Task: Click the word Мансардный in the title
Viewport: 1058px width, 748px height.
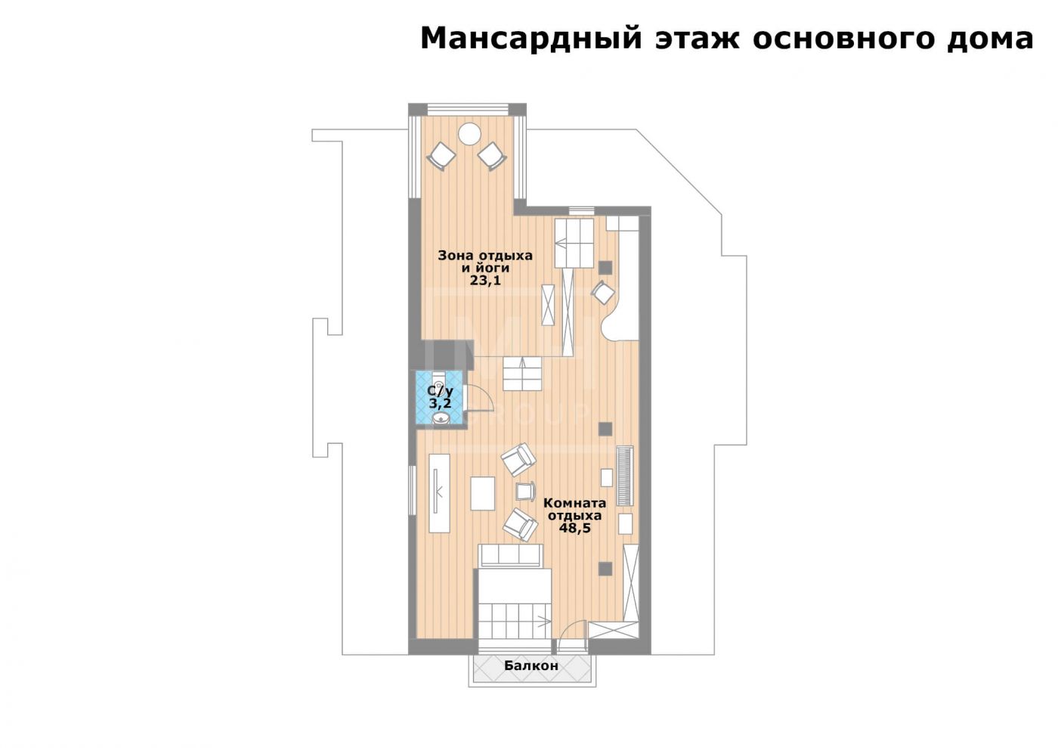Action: coord(531,39)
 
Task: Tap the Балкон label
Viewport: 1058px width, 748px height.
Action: coord(531,666)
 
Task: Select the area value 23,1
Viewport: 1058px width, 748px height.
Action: coord(485,281)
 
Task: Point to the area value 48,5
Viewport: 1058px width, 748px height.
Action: coord(575,528)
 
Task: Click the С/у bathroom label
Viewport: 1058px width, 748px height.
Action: coord(440,391)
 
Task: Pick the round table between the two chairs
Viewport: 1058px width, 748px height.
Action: coord(469,135)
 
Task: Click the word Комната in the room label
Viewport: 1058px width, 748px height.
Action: coord(574,503)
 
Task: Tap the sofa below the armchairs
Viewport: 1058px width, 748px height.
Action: coord(511,555)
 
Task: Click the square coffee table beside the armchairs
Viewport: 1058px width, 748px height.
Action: coord(483,494)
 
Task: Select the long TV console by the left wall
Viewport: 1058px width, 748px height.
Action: coord(439,493)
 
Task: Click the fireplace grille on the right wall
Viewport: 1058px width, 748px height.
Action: coord(625,476)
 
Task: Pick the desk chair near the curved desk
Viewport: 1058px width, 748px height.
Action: coord(603,293)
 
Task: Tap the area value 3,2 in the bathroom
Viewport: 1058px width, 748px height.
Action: coord(440,403)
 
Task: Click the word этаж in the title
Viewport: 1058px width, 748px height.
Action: coord(697,39)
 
